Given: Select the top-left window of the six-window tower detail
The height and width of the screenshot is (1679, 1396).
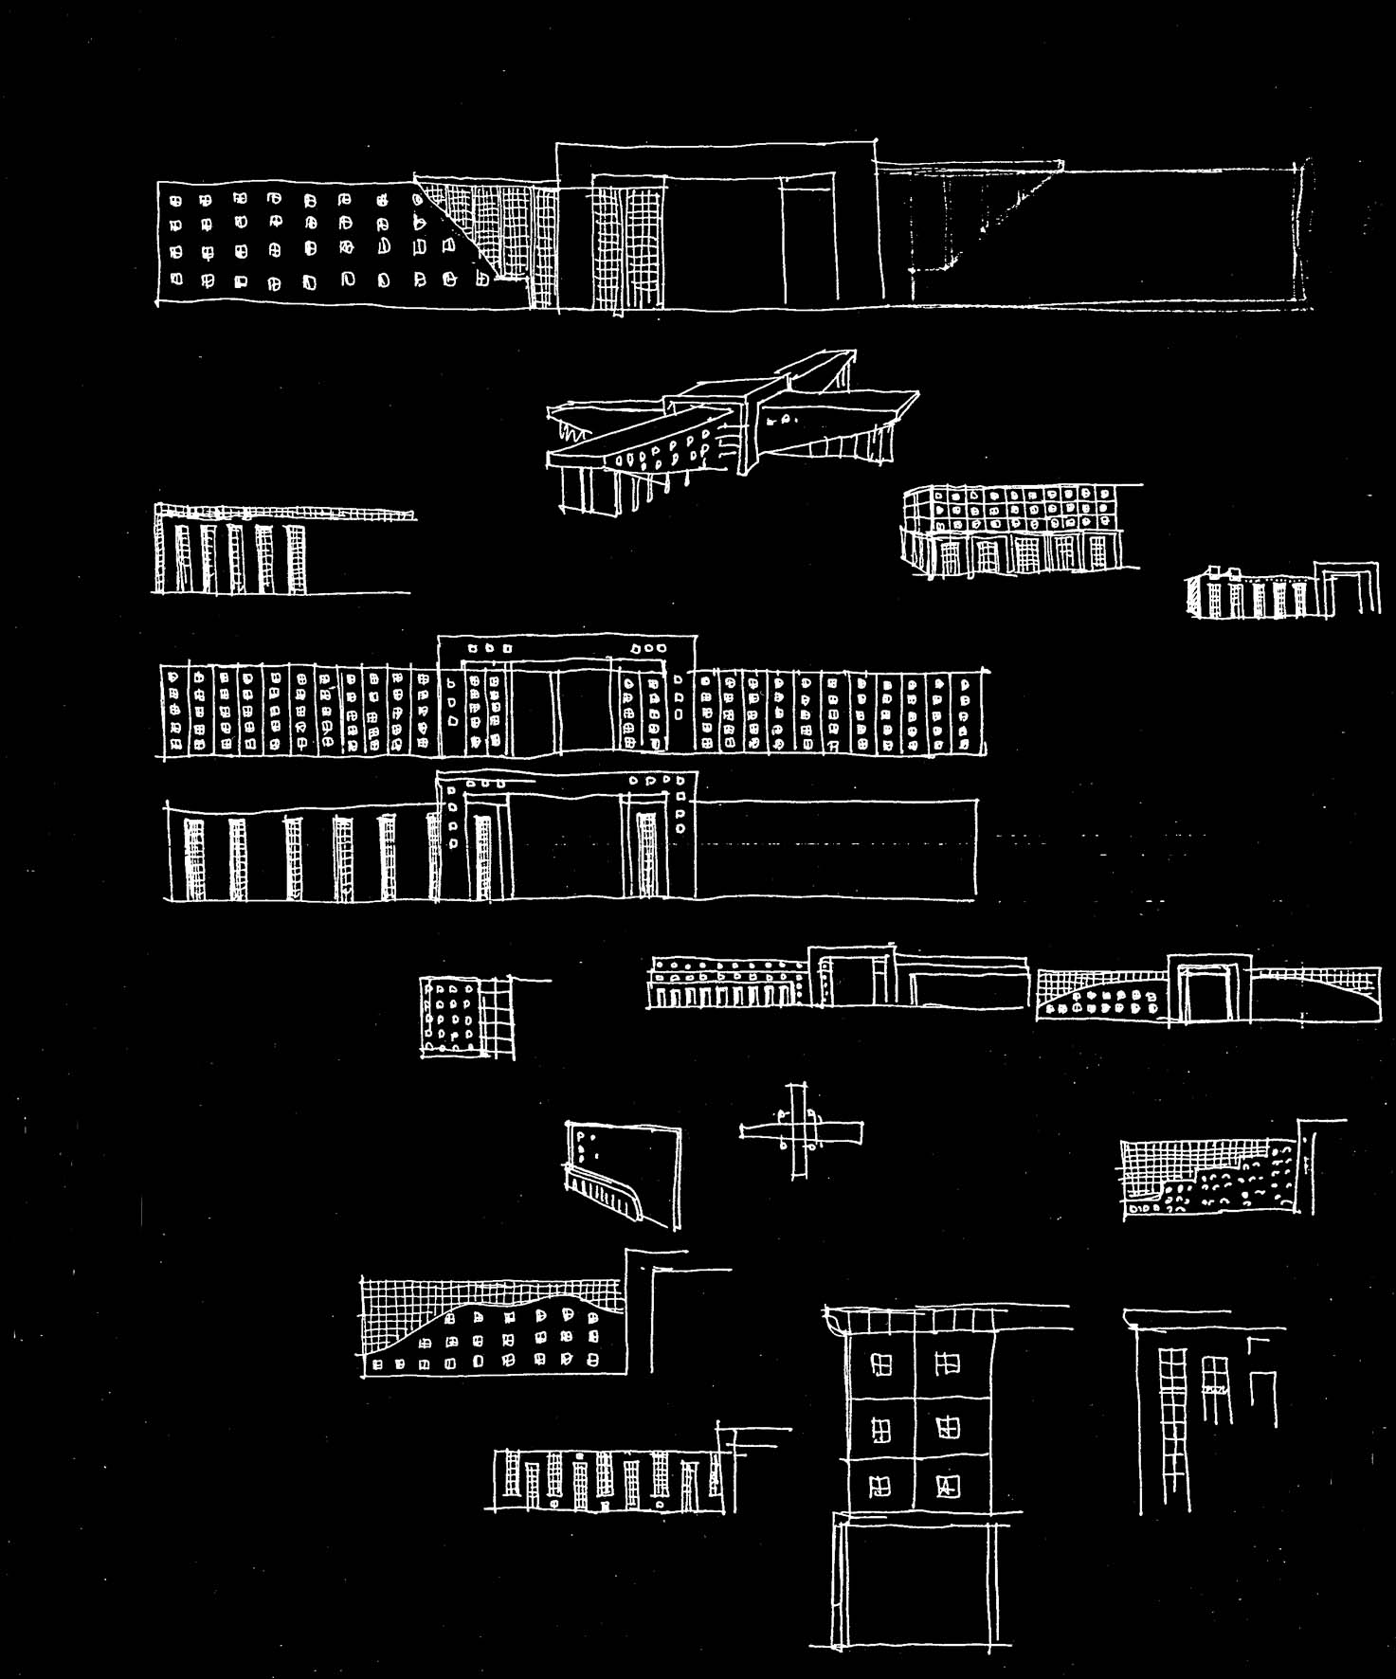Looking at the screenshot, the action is pyautogui.click(x=881, y=1364).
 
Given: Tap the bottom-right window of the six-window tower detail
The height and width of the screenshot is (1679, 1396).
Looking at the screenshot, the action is pyautogui.click(x=948, y=1486).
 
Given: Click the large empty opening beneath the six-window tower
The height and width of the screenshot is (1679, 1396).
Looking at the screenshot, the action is pyautogui.click(x=915, y=1582).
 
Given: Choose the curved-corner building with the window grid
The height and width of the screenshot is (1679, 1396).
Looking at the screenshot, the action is pyautogui.click(x=1014, y=531).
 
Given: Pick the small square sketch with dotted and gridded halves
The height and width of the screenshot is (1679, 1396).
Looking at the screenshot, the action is pyautogui.click(x=467, y=1017).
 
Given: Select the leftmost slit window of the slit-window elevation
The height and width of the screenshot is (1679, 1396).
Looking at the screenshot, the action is pyautogui.click(x=194, y=858).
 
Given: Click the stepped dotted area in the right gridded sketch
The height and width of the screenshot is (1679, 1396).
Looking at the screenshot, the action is pyautogui.click(x=1232, y=1184).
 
